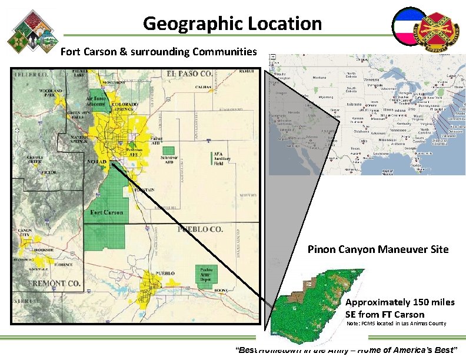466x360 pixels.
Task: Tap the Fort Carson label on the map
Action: [106, 212]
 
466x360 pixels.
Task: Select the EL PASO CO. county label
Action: [189, 74]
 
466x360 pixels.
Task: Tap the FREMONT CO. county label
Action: [54, 284]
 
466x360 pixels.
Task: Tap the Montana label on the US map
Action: [319, 78]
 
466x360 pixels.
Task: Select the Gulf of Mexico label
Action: [387, 171]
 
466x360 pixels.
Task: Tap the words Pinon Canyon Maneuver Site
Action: [378, 249]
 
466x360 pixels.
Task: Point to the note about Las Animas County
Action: [397, 324]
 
